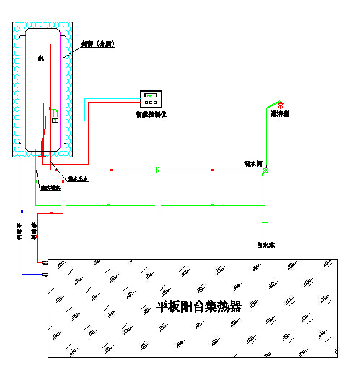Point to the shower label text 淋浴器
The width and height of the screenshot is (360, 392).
[280, 114]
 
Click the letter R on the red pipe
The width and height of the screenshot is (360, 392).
[157, 170]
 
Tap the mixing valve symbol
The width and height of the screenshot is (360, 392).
[265, 170]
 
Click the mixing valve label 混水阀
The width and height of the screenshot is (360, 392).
[253, 164]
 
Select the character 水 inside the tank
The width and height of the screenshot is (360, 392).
[40, 56]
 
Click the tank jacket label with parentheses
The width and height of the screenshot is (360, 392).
[95, 44]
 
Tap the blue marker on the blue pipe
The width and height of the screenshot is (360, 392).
[22, 211]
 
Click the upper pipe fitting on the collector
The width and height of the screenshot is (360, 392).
[45, 262]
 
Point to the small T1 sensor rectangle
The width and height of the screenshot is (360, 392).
[55, 120]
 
